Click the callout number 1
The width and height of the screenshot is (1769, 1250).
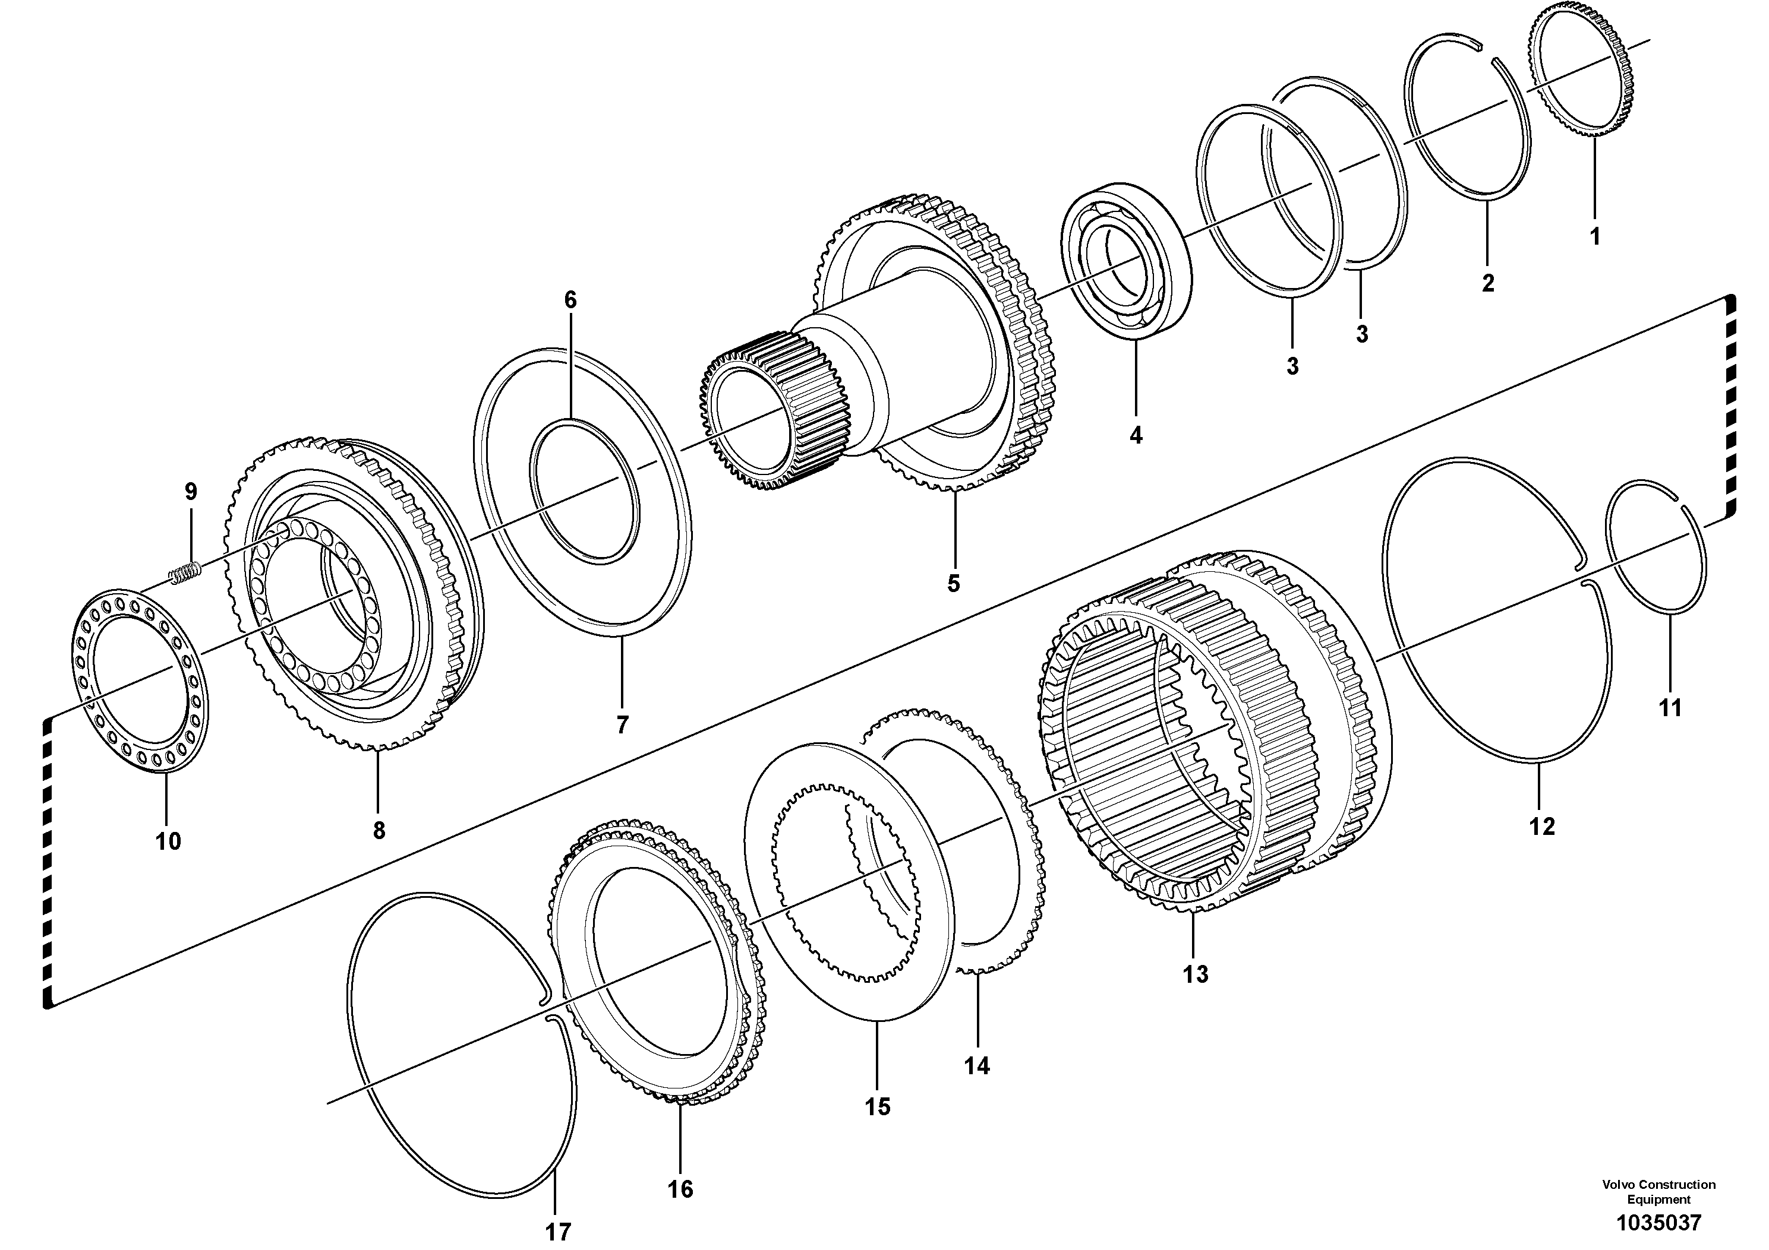[1595, 236]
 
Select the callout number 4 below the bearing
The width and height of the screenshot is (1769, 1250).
[1136, 435]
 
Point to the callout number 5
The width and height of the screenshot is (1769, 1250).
[954, 584]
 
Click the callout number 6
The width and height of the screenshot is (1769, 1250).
[570, 300]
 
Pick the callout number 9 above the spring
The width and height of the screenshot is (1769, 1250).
[191, 491]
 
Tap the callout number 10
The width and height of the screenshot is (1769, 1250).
[168, 841]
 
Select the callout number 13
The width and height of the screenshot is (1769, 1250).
[1196, 974]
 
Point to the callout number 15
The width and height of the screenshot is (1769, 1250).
[877, 1107]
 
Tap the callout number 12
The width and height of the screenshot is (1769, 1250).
[1543, 827]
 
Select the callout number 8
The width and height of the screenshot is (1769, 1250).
[379, 830]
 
